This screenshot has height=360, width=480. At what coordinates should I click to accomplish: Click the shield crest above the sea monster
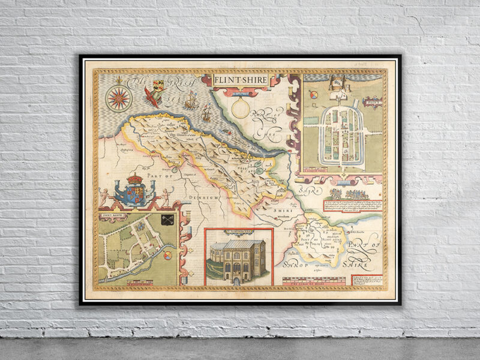(x=158, y=85)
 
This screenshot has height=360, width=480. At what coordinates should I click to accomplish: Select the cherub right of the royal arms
(x=165, y=197)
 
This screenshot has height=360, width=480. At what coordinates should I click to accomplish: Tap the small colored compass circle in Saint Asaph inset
(x=167, y=257)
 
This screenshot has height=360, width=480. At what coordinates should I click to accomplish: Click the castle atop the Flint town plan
(x=340, y=84)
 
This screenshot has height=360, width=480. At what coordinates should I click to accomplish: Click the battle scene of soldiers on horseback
(x=352, y=194)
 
